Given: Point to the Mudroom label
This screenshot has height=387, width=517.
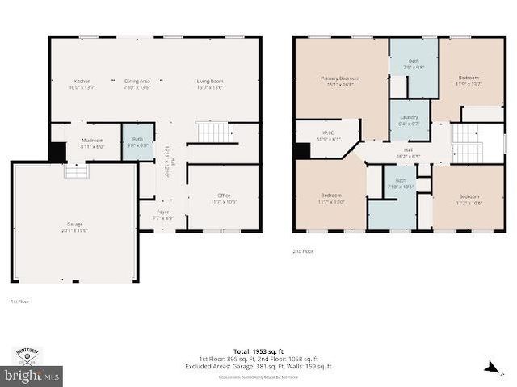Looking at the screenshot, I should (92, 143).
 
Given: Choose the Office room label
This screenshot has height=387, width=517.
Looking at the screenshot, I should (224, 198).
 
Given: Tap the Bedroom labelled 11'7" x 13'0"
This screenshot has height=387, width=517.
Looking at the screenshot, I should (331, 198).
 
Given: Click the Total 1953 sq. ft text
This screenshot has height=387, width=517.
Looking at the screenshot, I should (265, 351).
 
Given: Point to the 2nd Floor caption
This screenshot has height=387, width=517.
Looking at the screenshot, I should (304, 251).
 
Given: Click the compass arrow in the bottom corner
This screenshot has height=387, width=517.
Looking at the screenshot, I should (490, 368).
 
